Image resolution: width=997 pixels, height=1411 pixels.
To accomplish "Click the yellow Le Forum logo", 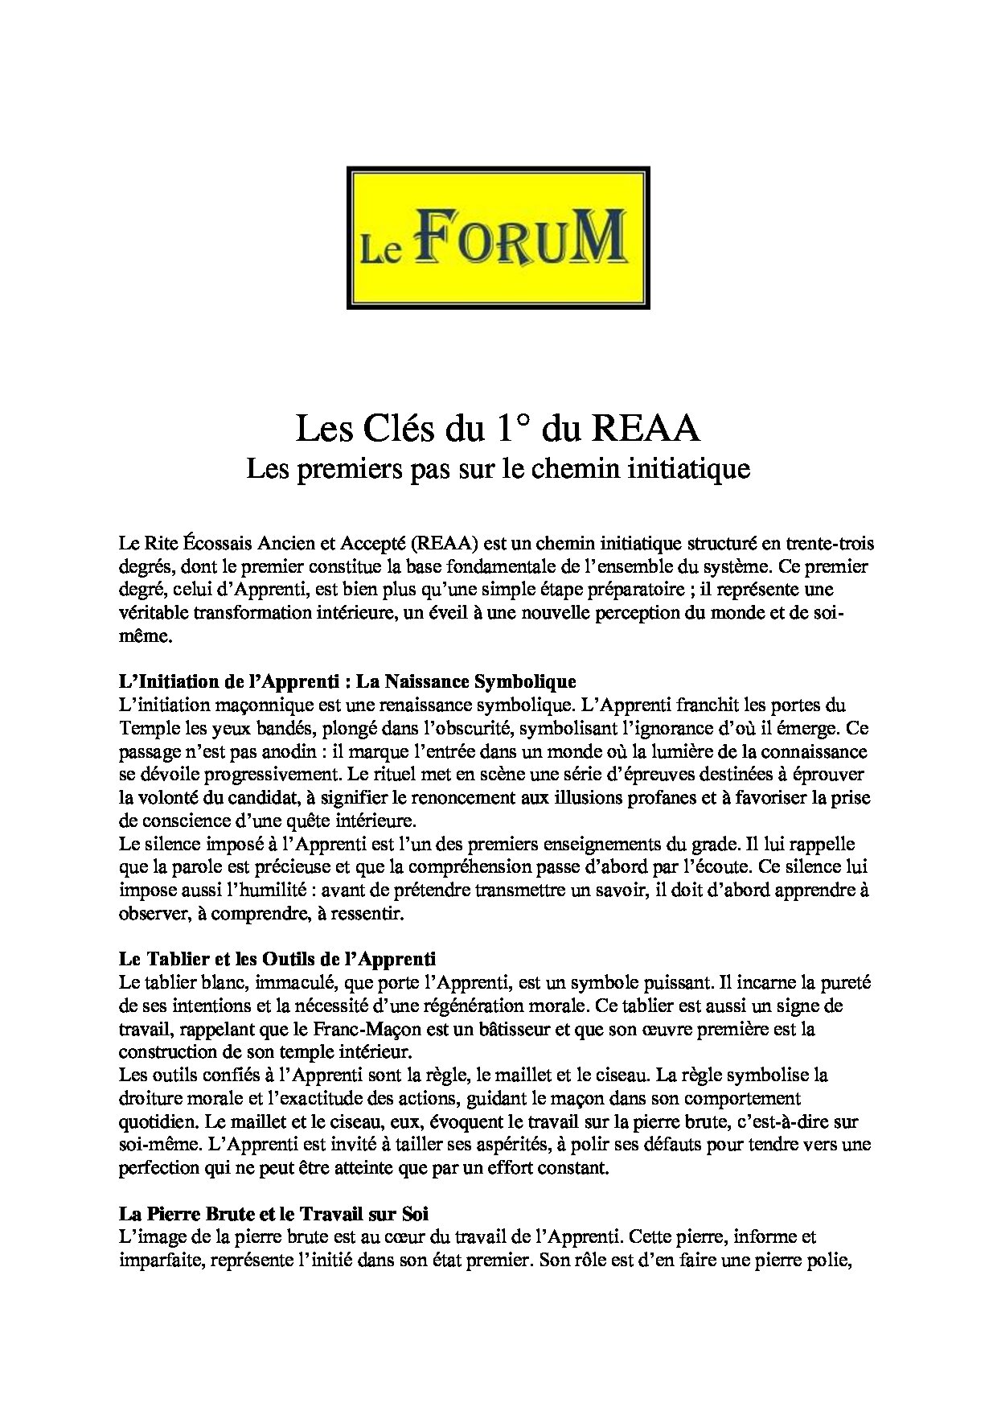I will (498, 237).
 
